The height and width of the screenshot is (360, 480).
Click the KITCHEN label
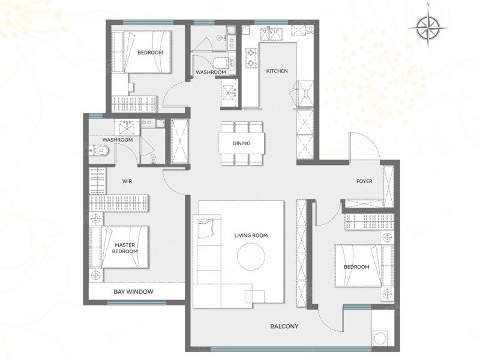(x=277, y=71)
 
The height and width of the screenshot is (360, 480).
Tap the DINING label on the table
(x=241, y=143)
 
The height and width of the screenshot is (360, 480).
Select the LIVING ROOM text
(x=251, y=235)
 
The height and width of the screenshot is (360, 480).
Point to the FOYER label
(x=364, y=181)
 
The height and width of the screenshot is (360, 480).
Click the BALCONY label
(x=284, y=326)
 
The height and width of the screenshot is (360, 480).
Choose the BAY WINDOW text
(x=133, y=292)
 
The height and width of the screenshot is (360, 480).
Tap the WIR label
(x=127, y=181)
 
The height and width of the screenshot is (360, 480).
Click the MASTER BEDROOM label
(x=125, y=248)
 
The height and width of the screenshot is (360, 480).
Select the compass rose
(x=428, y=28)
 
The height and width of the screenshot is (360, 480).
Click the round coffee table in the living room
(x=251, y=257)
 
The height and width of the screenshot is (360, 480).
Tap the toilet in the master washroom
(x=98, y=151)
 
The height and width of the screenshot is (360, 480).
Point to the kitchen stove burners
(x=251, y=58)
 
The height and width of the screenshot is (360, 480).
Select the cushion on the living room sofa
(x=206, y=229)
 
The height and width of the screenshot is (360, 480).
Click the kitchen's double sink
(x=271, y=34)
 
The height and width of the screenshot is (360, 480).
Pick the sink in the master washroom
(x=127, y=128)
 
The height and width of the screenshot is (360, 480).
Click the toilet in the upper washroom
(x=220, y=63)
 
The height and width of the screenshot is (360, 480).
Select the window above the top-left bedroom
(x=148, y=22)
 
